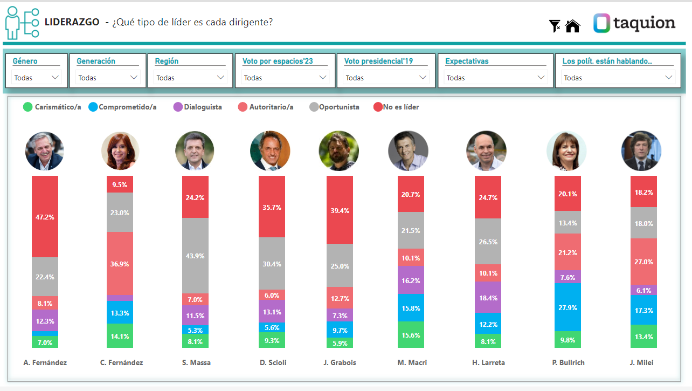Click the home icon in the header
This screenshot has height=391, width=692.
pos(572,25)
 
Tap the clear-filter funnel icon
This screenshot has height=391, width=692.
pos(555,25)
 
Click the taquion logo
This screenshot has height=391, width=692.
pos(634,23)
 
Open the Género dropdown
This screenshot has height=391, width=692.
pos(37,78)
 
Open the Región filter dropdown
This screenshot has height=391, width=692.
pos(190,78)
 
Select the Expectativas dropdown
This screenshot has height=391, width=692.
pos(495,78)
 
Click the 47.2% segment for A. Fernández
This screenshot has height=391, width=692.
pos(45,216)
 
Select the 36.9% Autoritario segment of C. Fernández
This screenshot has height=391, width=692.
pos(120,263)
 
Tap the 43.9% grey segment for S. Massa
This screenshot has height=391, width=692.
pos(195,256)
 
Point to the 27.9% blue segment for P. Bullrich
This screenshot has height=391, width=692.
pos(568,307)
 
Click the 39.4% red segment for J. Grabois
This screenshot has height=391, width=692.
pos(340,210)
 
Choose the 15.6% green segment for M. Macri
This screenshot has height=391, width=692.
pos(411,334)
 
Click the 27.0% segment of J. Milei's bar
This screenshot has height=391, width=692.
pos(643,262)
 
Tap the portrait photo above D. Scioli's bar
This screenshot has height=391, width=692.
pos(270,151)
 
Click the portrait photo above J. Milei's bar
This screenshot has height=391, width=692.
pos(641,151)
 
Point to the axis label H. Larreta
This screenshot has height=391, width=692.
pos(488,362)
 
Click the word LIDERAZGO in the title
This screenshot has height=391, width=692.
pos(72,22)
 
